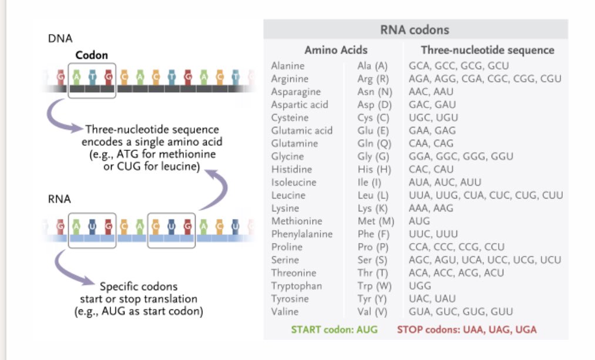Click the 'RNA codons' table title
[416, 30]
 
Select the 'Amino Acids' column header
[336, 50]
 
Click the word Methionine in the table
[297, 221]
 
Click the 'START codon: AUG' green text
[334, 329]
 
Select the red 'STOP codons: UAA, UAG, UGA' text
[466, 329]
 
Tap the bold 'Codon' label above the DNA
[92, 55]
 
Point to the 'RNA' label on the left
[59, 199]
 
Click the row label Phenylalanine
[302, 234]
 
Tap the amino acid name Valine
[285, 312]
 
